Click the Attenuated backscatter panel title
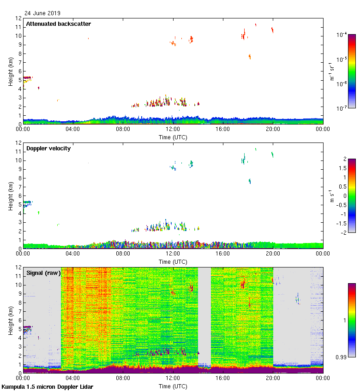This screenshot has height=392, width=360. pos(58,24)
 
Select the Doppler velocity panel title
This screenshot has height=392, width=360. pos(48,148)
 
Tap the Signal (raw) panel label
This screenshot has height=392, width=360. pos(43,273)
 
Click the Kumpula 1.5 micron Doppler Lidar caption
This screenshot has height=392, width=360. pos(47,386)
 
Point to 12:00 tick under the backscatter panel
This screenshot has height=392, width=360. pos(173,130)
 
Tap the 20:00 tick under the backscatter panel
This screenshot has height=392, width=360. pos(273,130)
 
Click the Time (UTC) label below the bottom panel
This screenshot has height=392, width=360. pos(173,386)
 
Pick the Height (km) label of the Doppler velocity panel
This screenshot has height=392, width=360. pos(10,196)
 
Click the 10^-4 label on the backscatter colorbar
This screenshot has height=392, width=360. pos(342,35)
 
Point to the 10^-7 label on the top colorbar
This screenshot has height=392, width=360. pos(342,108)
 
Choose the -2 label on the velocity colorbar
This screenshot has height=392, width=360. pos(343,233)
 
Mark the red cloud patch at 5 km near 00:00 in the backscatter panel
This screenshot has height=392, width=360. pos(28,78)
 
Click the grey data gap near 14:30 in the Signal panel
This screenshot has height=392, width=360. pos(204,318)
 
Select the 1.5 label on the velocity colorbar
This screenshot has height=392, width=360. pos(342,168)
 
